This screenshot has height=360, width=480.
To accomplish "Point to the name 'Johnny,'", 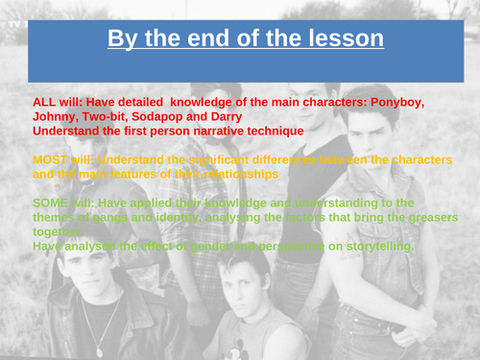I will (x=59, y=115).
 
